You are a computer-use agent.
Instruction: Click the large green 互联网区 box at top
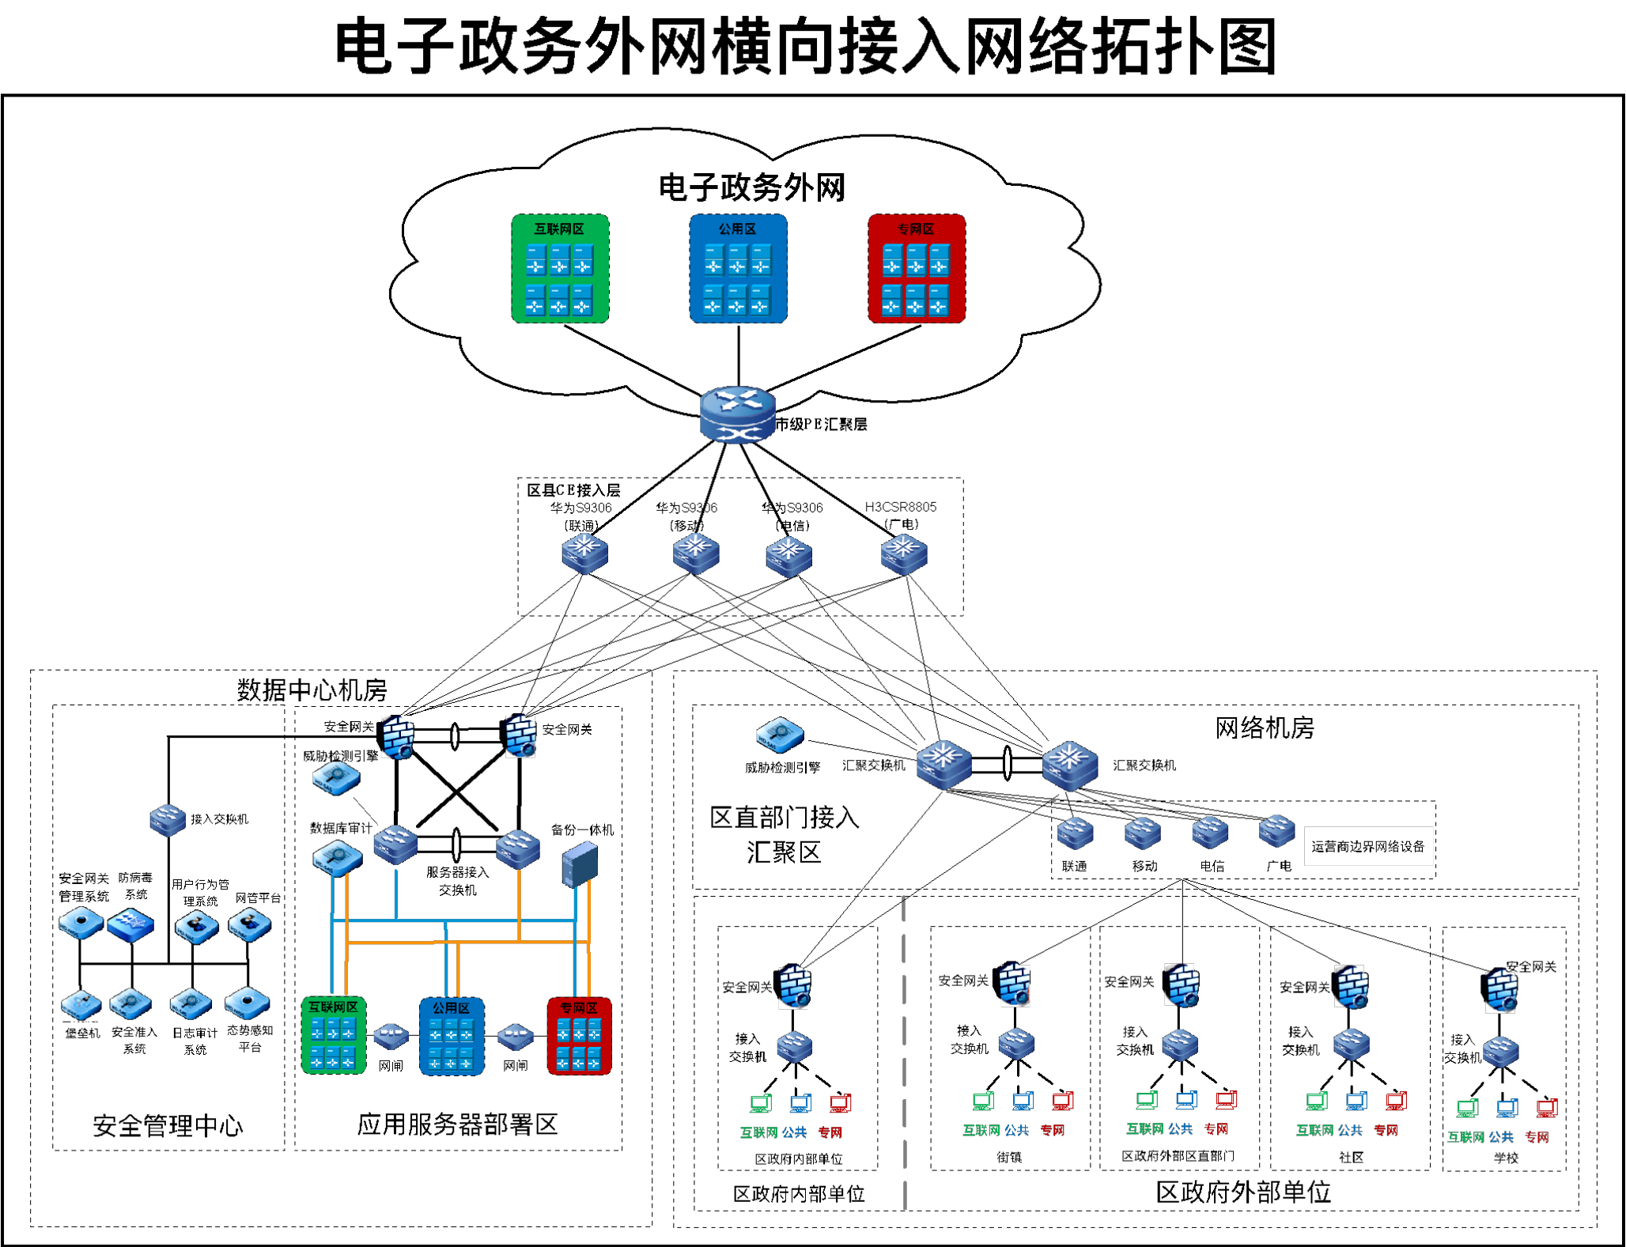pos(560,269)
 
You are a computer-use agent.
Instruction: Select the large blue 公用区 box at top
pos(738,269)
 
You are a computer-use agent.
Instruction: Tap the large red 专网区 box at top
pos(917,269)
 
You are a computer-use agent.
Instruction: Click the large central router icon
pos(738,414)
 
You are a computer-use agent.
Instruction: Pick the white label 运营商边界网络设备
pos(1367,846)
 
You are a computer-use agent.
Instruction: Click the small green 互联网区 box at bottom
pos(334,1035)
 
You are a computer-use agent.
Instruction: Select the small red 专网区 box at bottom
pos(579,1036)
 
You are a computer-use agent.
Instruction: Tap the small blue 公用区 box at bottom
pos(452,1036)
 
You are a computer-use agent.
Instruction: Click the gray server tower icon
pos(580,864)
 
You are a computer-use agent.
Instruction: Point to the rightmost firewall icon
pos(1500,991)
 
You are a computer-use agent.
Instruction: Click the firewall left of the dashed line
pos(794,987)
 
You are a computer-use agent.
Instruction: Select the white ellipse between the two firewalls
pos(455,737)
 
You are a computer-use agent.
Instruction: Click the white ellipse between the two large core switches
pos(1007,763)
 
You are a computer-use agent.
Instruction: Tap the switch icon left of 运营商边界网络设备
pos(1276,831)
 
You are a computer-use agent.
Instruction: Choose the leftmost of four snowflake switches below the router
pos(584,552)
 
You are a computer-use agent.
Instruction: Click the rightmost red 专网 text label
pos(1537,1137)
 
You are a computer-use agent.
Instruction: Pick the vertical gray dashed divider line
pos(904,1052)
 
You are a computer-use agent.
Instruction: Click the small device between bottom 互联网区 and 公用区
pos(391,1035)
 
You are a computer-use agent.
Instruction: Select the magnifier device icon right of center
pos(780,735)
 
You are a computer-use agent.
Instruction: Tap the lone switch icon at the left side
pos(168,820)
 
